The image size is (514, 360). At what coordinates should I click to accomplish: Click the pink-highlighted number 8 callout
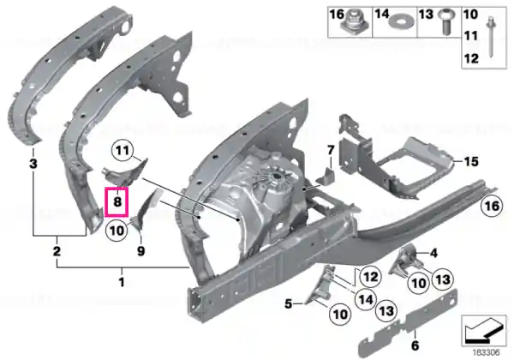click(x=116, y=201)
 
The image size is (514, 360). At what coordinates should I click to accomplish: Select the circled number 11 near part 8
click(x=123, y=151)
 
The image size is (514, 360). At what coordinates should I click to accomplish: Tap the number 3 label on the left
click(x=33, y=164)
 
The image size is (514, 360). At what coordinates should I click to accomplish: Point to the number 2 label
click(x=57, y=251)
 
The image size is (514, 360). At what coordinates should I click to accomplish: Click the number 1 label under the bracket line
click(x=122, y=282)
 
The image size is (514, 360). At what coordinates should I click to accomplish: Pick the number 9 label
click(x=140, y=251)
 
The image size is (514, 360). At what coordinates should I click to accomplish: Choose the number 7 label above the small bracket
click(x=331, y=150)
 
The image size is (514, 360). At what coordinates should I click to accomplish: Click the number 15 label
click(x=471, y=161)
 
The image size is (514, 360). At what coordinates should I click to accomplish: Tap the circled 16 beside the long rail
click(x=492, y=206)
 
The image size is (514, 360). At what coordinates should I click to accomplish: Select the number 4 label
click(x=433, y=253)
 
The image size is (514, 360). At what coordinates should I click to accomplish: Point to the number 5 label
click(x=288, y=304)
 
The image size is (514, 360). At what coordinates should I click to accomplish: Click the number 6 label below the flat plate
click(x=415, y=345)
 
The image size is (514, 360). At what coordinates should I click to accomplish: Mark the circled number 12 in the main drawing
click(x=371, y=277)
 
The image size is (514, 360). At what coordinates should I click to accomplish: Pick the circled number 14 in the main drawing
click(x=366, y=299)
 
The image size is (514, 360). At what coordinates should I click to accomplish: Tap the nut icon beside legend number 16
click(x=356, y=22)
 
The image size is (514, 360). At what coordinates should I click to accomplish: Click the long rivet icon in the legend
click(x=491, y=37)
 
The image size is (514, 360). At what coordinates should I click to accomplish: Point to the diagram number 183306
click(x=486, y=353)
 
